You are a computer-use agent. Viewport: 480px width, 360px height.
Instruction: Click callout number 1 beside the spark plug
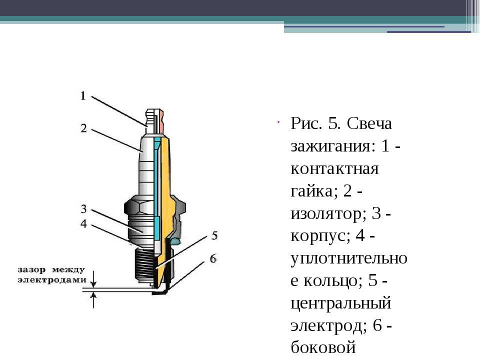[82, 96]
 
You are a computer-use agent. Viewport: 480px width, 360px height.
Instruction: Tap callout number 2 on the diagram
[83, 128]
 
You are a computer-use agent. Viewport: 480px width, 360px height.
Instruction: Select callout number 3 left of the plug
[83, 209]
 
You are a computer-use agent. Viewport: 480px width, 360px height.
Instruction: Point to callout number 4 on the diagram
[83, 224]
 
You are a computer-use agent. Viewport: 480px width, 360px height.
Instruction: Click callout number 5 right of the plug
[214, 235]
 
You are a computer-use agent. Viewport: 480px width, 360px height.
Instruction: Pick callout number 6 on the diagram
[213, 258]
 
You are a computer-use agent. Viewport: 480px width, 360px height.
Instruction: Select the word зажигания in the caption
[333, 146]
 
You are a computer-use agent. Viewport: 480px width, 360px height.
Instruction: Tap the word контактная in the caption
[334, 168]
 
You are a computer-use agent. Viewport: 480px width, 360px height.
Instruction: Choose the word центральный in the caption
[341, 303]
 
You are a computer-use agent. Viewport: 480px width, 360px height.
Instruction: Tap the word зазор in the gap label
[31, 270]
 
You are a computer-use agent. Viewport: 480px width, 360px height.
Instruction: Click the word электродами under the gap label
[52, 280]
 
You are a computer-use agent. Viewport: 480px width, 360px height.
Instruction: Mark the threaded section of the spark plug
[144, 265]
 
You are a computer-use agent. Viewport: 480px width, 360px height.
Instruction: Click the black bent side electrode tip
[160, 292]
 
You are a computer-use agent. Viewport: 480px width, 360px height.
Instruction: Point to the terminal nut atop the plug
[154, 121]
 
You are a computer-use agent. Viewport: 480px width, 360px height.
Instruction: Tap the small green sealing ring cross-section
[175, 242]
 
